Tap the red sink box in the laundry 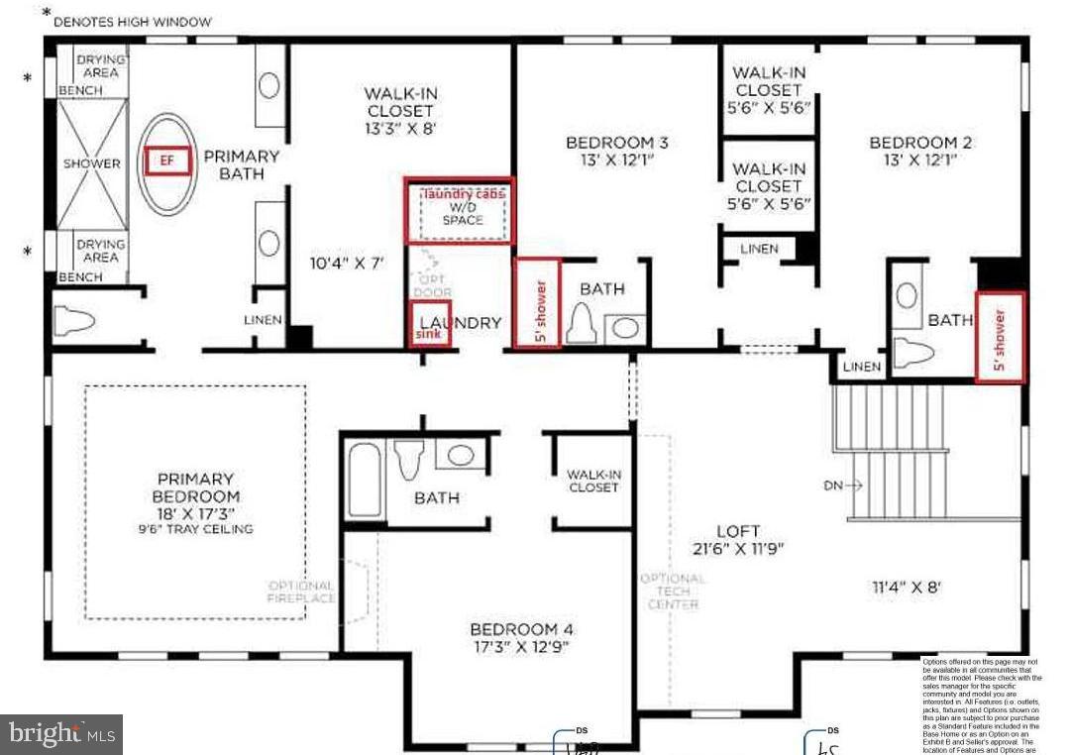pyautogui.click(x=429, y=324)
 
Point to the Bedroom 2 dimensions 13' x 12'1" pyautogui.click(x=920, y=160)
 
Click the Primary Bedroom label pyautogui.click(x=196, y=487)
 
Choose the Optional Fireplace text pyautogui.click(x=301, y=593)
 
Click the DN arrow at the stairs pyautogui.click(x=843, y=485)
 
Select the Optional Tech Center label pyautogui.click(x=673, y=592)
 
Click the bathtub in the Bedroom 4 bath pyautogui.click(x=365, y=480)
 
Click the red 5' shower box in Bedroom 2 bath pyautogui.click(x=1000, y=337)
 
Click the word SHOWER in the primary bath pyautogui.click(x=92, y=163)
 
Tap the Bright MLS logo pyautogui.click(x=61, y=734)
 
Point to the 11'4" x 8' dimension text pyautogui.click(x=907, y=587)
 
